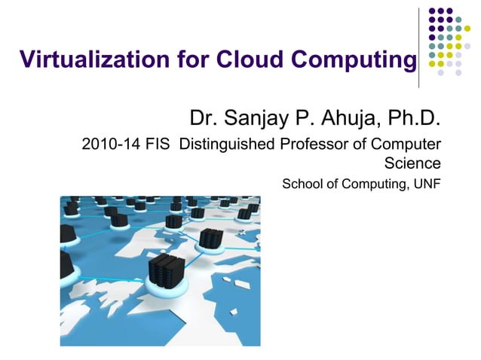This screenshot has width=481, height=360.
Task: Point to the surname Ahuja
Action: [354, 118]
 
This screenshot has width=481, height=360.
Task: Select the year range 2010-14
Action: [110, 144]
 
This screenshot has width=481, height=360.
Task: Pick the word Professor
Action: [325, 144]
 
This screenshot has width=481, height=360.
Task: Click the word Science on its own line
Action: [412, 162]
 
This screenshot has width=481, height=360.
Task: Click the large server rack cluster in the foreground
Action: [167, 272]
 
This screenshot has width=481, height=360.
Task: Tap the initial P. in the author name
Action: [308, 118]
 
